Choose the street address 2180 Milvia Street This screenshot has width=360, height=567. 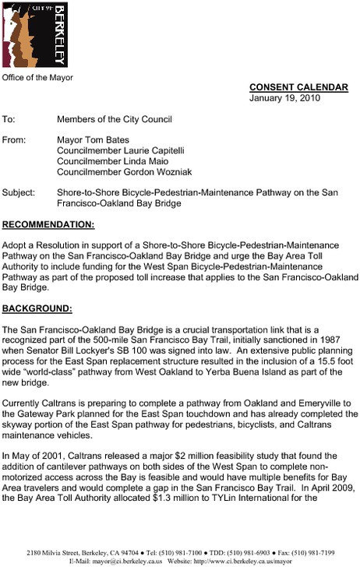[x=47, y=551]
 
